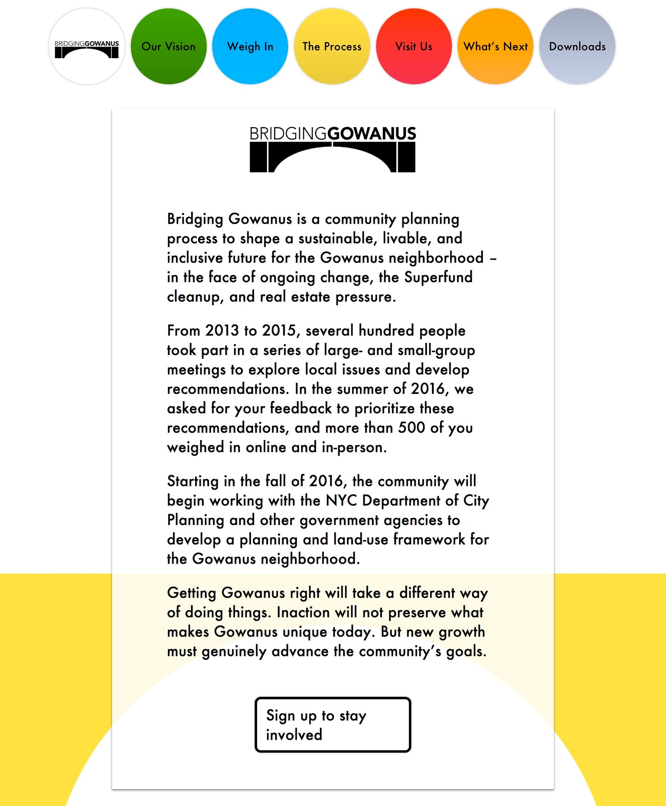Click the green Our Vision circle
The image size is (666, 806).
[x=169, y=46]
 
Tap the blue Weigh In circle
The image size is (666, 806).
[x=250, y=46]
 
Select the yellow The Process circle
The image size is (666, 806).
[x=332, y=46]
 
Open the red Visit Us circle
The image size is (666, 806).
[x=414, y=46]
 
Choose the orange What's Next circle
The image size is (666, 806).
[x=496, y=46]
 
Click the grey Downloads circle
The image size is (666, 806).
[x=577, y=46]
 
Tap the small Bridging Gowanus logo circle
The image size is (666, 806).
[x=87, y=46]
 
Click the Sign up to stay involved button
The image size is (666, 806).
[x=333, y=724]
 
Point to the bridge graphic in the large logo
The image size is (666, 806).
[x=333, y=158]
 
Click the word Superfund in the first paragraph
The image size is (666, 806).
[x=438, y=277]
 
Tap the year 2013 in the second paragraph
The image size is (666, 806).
[x=222, y=330]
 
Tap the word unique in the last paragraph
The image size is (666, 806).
[x=305, y=632]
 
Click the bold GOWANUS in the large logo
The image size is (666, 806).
[x=372, y=134]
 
